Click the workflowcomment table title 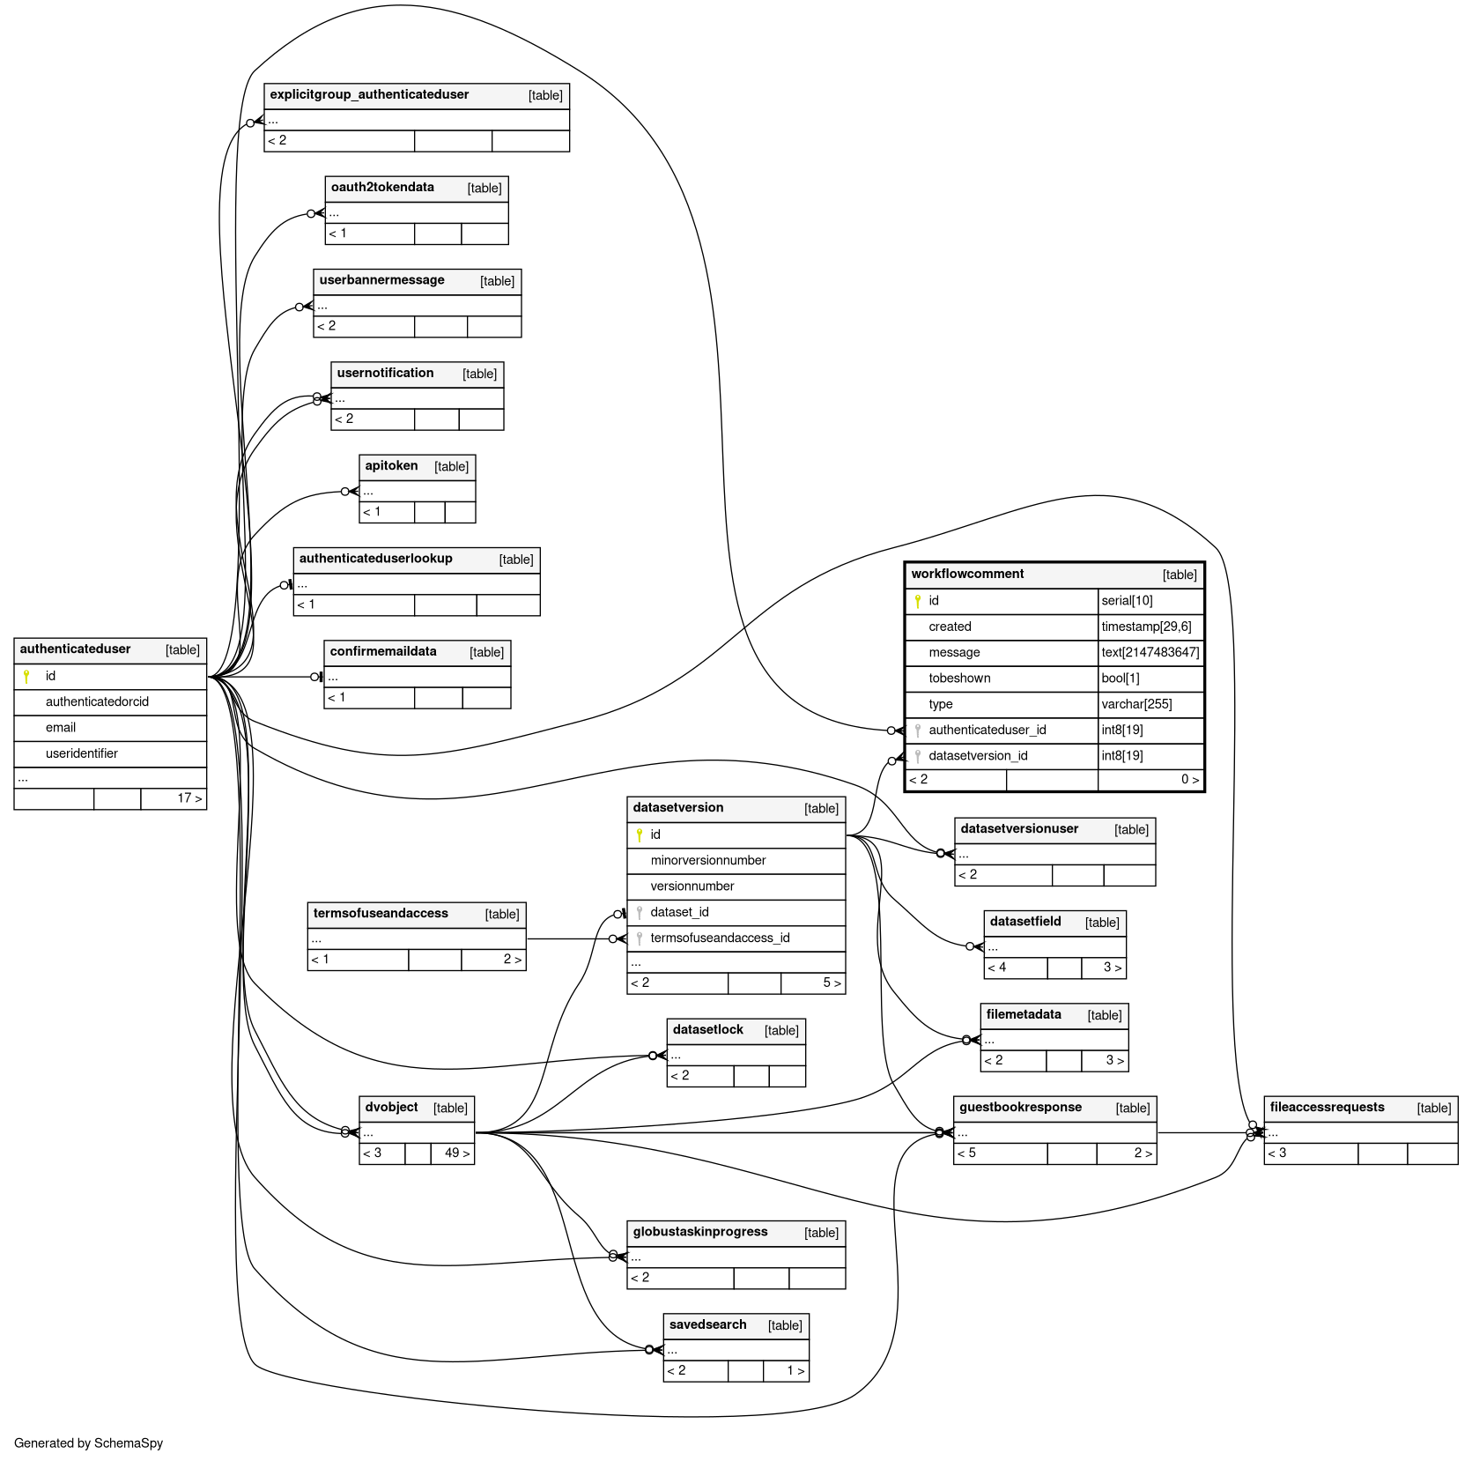coord(967,574)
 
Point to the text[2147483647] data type coord(1150,652)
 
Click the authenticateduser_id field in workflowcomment coord(987,730)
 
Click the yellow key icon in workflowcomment coord(917,601)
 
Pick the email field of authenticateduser coord(61,727)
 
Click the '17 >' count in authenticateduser coord(189,798)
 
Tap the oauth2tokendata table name coord(382,187)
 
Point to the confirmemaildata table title coord(383,651)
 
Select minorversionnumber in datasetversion coord(708,860)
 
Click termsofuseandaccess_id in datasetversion coord(720,938)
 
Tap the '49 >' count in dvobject coord(457,1153)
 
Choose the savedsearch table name coord(707,1324)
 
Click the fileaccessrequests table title coord(1327,1107)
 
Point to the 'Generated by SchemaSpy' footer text coord(88,1442)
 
